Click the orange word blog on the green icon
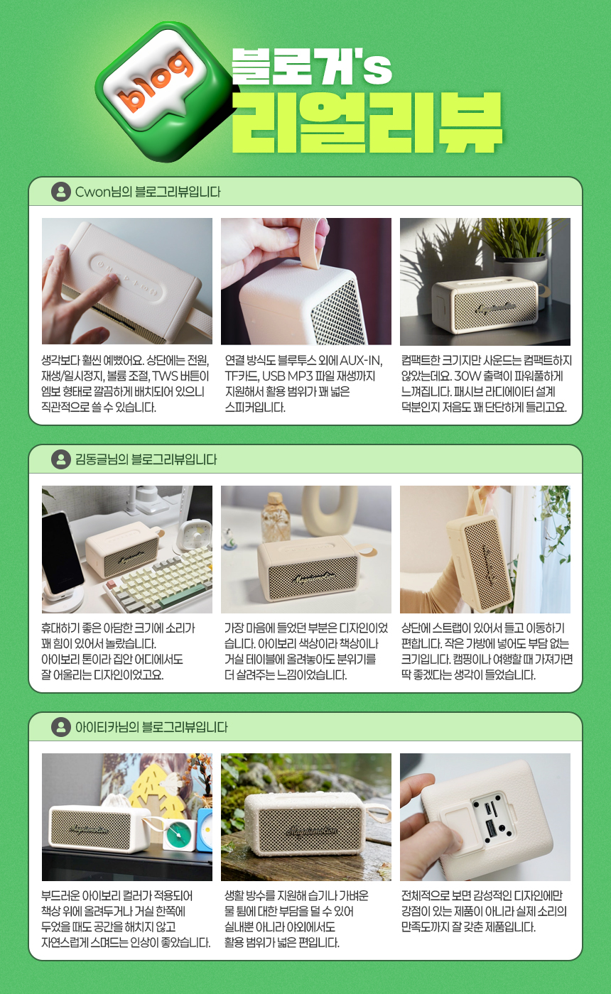pos(156,82)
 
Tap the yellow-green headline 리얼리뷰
pos(367,122)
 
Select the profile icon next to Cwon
pos(61,192)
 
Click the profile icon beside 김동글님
pos(61,459)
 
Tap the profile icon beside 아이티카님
pos(61,727)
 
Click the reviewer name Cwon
pos(93,192)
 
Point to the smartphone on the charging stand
pos(63,553)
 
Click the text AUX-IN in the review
pos(361,361)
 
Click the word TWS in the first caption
pos(165,376)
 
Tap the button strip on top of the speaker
pos(126,276)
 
